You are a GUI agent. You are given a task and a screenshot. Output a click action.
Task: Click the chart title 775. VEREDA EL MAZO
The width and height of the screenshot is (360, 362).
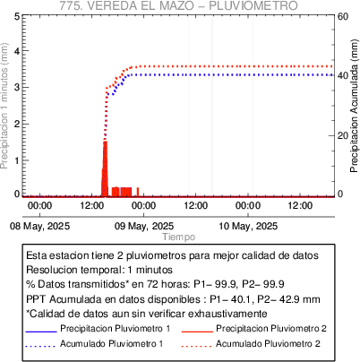(x=125, y=5)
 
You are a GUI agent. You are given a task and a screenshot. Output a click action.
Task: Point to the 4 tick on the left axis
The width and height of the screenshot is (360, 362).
(x=17, y=51)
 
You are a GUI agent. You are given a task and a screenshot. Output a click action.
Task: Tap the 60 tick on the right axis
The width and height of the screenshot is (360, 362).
(x=343, y=16)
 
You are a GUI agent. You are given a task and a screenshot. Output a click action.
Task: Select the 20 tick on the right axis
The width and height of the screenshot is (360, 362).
(x=343, y=135)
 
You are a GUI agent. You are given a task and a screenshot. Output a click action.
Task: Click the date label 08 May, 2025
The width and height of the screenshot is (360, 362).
(x=39, y=226)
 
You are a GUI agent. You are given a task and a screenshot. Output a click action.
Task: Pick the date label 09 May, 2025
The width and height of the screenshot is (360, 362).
(x=144, y=226)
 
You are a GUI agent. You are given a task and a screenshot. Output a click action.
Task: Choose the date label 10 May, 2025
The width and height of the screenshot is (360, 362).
(x=248, y=226)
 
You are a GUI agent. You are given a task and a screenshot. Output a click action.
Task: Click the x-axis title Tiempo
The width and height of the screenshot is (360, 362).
(x=179, y=237)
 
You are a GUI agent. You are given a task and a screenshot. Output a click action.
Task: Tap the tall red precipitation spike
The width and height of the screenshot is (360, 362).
(x=105, y=168)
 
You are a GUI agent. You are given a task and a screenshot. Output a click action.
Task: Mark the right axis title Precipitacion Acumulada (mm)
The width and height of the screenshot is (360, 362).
(x=354, y=106)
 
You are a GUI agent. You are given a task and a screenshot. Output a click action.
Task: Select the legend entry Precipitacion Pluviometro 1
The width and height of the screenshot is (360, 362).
(x=116, y=329)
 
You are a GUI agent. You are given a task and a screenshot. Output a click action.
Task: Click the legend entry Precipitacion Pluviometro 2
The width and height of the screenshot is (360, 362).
(x=271, y=329)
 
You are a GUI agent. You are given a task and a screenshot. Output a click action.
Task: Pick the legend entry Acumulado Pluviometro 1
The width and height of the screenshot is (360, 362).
(x=112, y=344)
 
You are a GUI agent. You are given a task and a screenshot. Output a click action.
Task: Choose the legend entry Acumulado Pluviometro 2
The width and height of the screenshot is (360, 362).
(x=268, y=344)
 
